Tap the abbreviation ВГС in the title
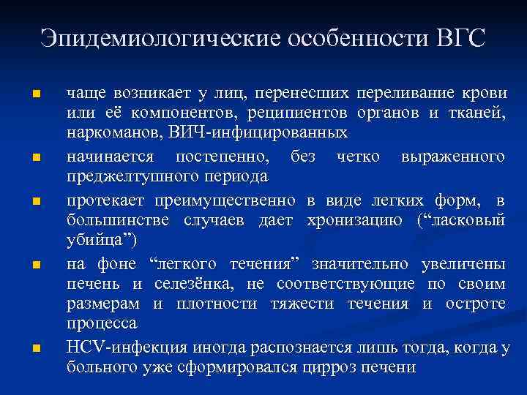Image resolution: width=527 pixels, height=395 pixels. tap(457, 37)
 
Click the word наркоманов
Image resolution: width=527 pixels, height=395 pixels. tap(106, 134)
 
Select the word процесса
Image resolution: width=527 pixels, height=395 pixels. tap(102, 323)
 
